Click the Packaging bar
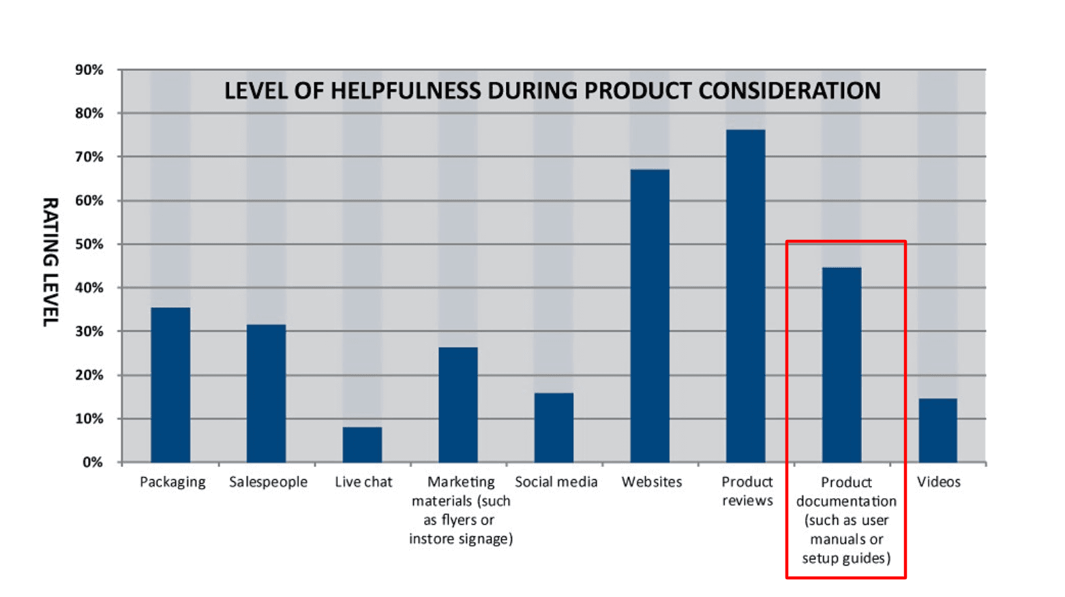(x=170, y=385)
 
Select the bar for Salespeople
(x=266, y=393)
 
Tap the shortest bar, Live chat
(x=362, y=444)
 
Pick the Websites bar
(x=650, y=316)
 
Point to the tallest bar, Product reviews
(x=745, y=296)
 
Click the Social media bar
(x=554, y=427)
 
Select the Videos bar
(x=937, y=430)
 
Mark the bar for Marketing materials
(x=458, y=405)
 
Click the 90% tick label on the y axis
(x=89, y=70)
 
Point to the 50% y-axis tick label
(x=89, y=244)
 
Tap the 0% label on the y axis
(x=93, y=462)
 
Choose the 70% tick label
(x=89, y=157)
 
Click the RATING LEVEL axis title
(x=50, y=262)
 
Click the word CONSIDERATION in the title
(x=790, y=91)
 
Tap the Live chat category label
(x=363, y=482)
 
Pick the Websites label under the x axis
(x=651, y=482)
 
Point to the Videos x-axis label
(x=938, y=482)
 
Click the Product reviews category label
(x=747, y=491)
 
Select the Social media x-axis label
(x=556, y=482)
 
